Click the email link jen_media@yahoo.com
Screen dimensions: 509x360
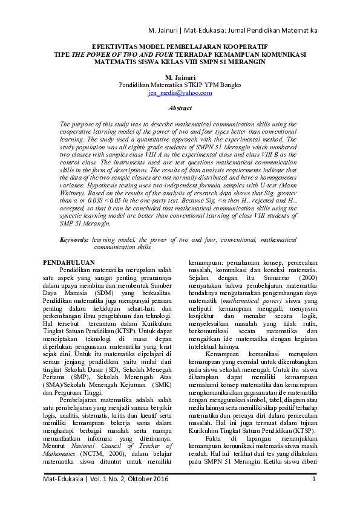click(x=180, y=93)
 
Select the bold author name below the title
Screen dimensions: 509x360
click(x=180, y=77)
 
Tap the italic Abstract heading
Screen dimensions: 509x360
click(x=180, y=108)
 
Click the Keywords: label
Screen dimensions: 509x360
click(x=75, y=240)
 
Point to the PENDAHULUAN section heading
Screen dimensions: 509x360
click(x=71, y=262)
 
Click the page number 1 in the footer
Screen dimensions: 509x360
click(x=315, y=496)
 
